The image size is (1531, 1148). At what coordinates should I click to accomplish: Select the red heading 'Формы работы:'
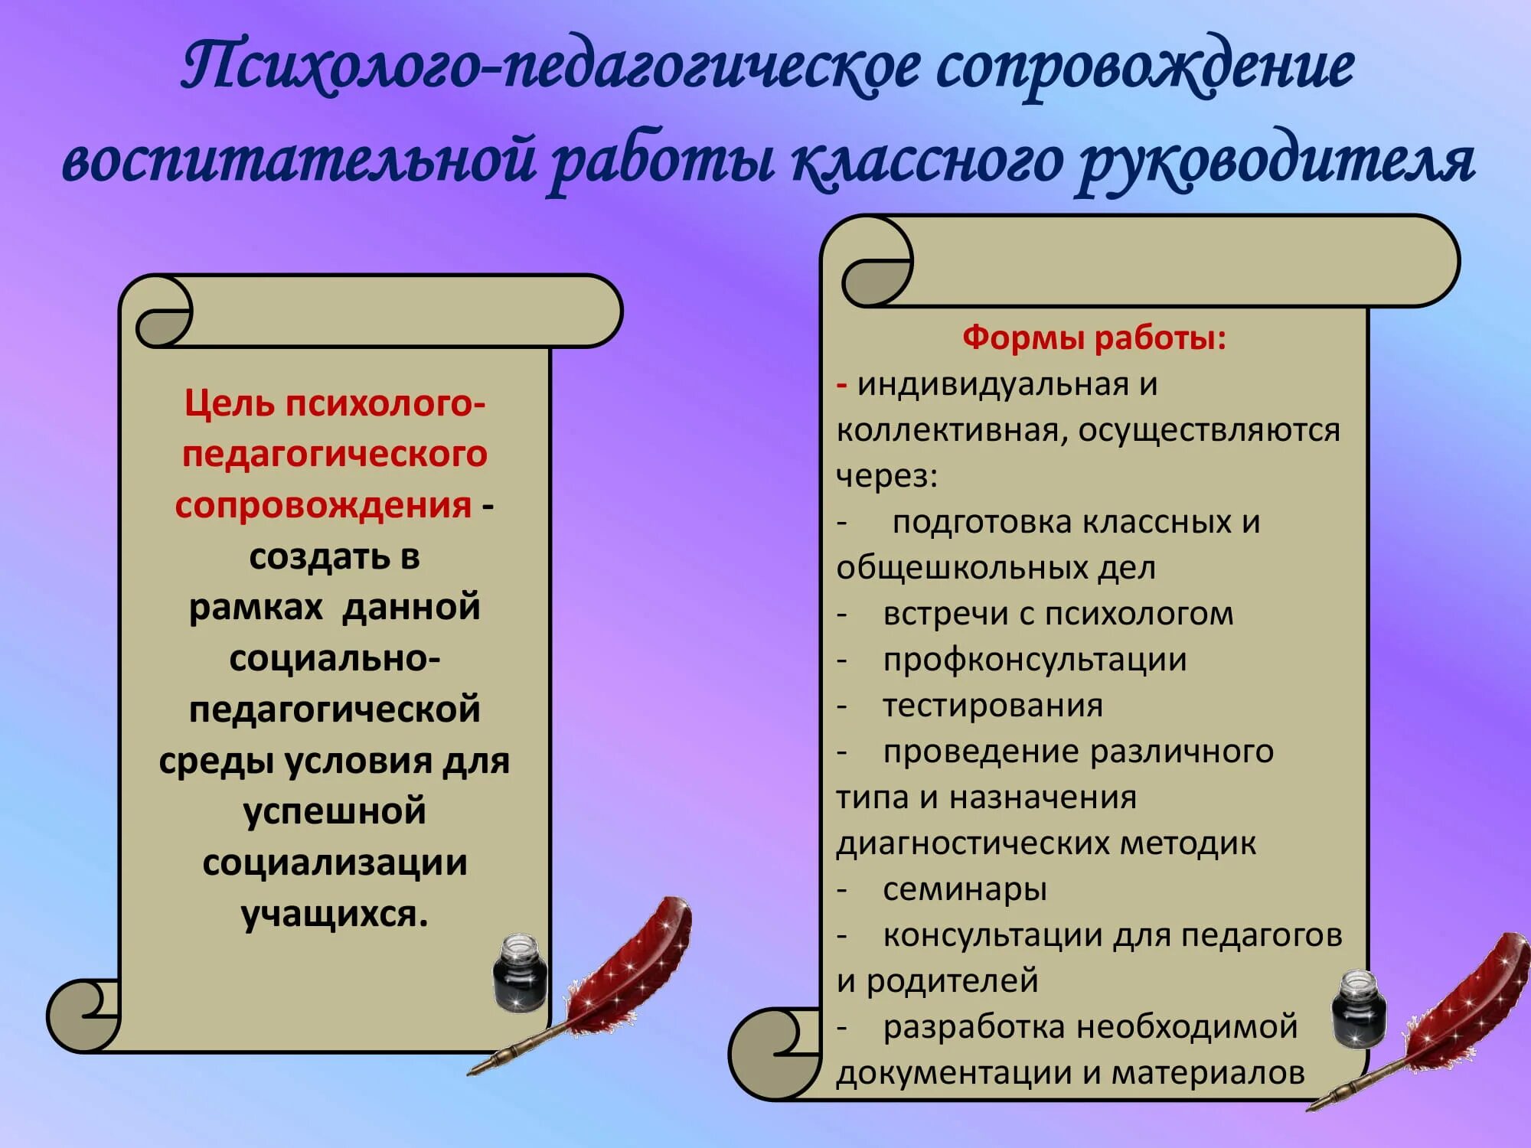[1094, 338]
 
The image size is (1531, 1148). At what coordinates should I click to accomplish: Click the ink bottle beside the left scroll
[519, 972]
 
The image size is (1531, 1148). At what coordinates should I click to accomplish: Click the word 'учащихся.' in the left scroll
[335, 914]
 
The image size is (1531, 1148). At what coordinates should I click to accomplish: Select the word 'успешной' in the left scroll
[335, 811]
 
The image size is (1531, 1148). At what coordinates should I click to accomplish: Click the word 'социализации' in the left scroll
[335, 863]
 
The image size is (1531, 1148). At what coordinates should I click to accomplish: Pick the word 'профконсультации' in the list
[1034, 660]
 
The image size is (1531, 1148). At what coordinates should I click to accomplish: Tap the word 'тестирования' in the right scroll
[993, 706]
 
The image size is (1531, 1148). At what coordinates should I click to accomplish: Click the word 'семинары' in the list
[965, 889]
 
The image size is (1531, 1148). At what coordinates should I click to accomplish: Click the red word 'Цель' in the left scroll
[229, 403]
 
